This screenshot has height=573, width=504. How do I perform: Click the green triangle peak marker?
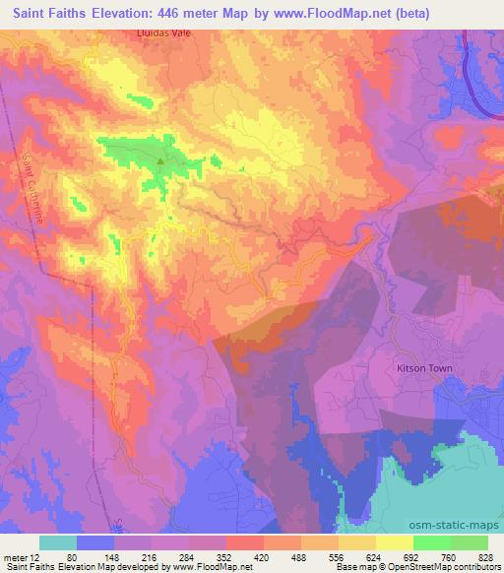coord(160,159)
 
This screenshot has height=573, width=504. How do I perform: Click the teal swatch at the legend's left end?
coord(57,542)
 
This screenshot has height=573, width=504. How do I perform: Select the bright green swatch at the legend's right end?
coord(469,542)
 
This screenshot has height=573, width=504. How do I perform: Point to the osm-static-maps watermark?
coord(459,522)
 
